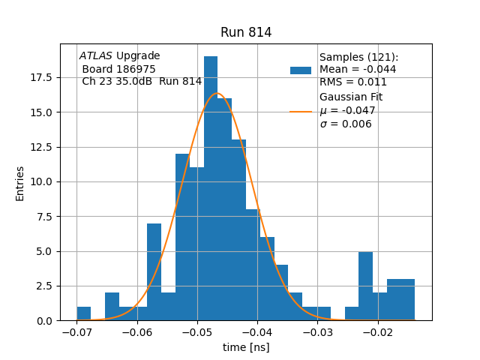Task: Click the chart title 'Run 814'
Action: (x=246, y=32)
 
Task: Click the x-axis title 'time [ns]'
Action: (x=246, y=347)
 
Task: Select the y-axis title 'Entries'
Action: (x=20, y=183)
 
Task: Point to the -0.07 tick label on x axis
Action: (x=76, y=332)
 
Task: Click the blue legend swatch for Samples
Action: (x=300, y=70)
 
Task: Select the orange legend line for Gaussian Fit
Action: (x=300, y=111)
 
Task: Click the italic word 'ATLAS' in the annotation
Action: (x=96, y=55)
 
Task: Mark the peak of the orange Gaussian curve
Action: (x=217, y=93)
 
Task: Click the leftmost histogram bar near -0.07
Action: (x=83, y=313)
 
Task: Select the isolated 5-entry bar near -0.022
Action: (x=365, y=286)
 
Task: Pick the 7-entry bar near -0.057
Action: (x=154, y=271)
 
